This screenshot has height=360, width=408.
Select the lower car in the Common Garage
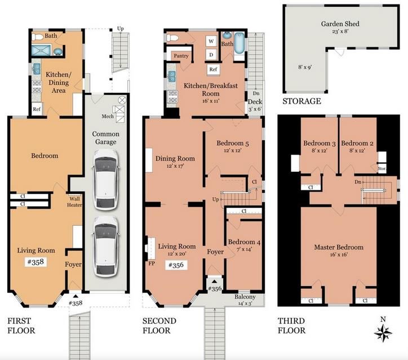click(105, 242)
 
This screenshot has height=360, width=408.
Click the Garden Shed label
click(340, 24)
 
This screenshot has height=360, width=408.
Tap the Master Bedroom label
click(338, 247)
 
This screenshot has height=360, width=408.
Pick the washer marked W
click(211, 41)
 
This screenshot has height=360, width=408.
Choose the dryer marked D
click(211, 55)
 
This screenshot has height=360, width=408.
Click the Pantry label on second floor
click(181, 56)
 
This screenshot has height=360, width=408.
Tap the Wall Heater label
click(75, 202)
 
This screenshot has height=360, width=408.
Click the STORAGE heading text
click(302, 101)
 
